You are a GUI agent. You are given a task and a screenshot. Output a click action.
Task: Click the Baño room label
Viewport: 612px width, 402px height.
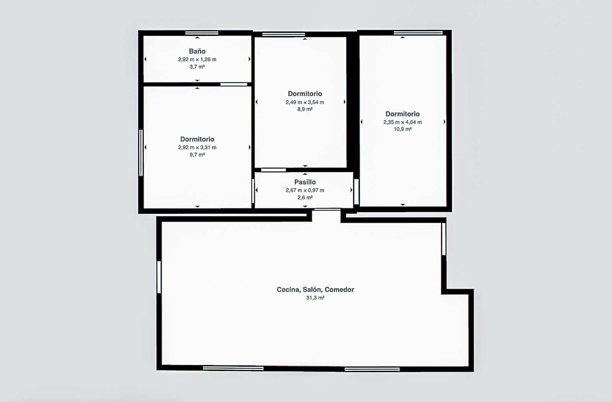click(197, 51)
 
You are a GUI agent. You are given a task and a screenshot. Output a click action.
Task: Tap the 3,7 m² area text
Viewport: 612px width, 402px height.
click(197, 67)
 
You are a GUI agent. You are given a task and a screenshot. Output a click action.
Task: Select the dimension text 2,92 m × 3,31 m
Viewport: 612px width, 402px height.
click(197, 147)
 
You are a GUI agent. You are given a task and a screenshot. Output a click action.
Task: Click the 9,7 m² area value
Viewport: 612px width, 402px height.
click(197, 155)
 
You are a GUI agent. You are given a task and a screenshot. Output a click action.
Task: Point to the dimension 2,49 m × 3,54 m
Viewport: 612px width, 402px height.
click(305, 102)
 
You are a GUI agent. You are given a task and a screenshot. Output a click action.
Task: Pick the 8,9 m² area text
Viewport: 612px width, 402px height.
click(305, 109)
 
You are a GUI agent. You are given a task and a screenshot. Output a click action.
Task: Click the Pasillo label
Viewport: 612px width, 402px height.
click(305, 182)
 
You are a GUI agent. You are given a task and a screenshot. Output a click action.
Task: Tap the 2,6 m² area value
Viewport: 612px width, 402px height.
click(305, 197)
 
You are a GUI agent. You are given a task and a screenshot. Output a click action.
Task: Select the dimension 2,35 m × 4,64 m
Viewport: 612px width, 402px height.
click(402, 122)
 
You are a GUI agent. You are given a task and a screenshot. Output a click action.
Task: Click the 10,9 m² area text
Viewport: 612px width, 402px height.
click(402, 129)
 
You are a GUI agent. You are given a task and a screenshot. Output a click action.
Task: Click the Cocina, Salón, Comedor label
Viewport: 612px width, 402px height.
click(315, 290)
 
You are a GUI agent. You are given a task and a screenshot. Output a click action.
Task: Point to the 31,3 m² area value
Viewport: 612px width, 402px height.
click(315, 298)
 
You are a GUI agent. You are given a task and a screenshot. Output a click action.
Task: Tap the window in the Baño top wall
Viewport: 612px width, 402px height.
click(202, 33)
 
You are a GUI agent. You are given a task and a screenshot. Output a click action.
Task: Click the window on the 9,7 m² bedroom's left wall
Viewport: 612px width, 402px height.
click(141, 153)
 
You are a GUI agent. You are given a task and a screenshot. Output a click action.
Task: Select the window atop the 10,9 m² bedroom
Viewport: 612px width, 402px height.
click(418, 33)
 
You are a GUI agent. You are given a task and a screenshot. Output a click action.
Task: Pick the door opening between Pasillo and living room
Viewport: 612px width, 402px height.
click(327, 210)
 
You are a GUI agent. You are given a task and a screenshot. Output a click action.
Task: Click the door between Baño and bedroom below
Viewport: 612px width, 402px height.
click(234, 84)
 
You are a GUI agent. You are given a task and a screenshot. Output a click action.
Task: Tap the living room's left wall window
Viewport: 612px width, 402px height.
click(159, 277)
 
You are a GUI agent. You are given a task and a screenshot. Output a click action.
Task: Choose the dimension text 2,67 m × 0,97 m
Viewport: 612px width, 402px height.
click(305, 190)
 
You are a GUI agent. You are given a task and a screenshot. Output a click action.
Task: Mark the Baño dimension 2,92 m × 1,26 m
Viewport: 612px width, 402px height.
click(197, 59)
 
